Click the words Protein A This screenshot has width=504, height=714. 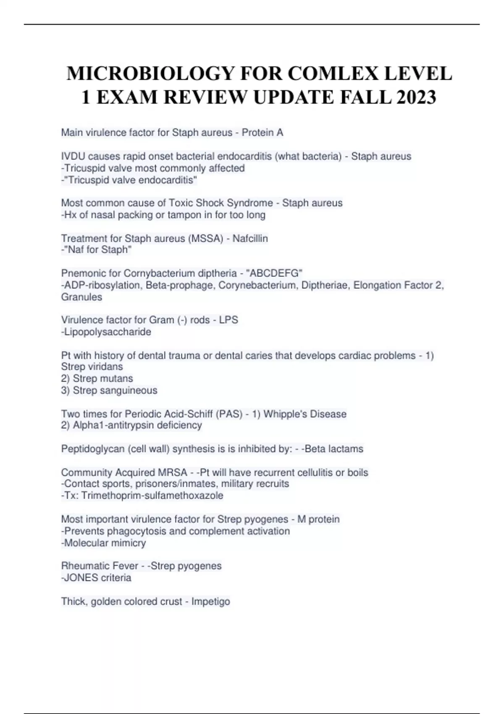262,133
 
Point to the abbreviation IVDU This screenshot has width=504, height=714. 73,156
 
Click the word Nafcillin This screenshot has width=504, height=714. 250,239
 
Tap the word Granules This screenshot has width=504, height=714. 81,297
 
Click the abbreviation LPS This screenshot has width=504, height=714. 228,320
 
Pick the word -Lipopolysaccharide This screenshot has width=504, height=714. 106,332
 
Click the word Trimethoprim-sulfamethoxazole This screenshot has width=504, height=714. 152,496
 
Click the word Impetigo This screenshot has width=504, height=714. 210,601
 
